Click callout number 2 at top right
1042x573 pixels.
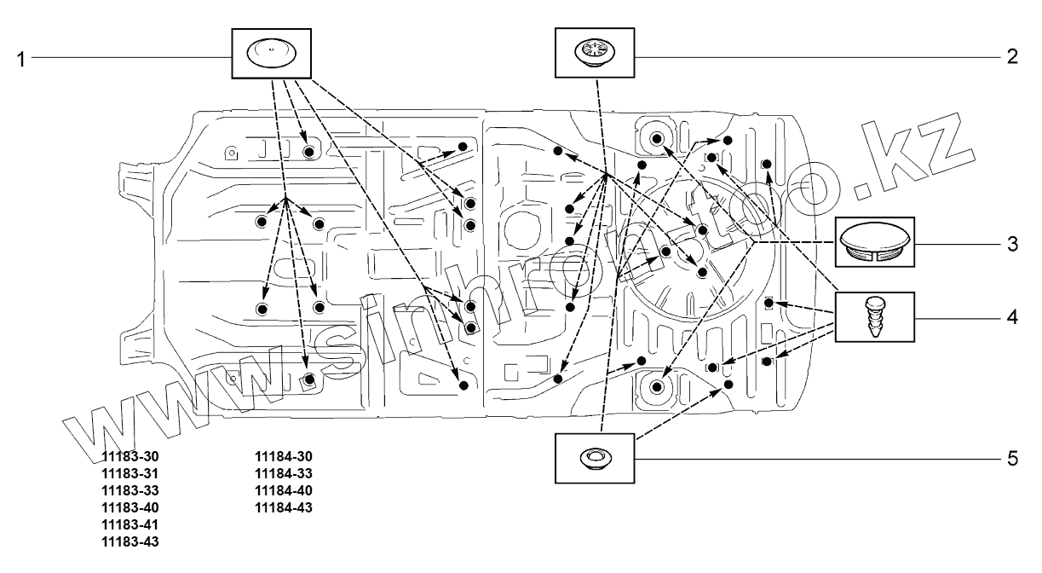[1011, 57]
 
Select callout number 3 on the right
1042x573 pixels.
[1011, 244]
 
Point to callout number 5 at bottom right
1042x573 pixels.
[1011, 458]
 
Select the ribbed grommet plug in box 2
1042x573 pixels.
[595, 52]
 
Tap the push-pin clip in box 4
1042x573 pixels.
[875, 317]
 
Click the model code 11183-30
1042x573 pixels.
[130, 456]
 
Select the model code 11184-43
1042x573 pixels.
[284, 508]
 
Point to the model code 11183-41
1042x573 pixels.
[130, 524]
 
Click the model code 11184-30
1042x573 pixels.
[284, 456]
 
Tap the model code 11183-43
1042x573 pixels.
[130, 541]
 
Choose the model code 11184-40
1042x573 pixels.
[284, 490]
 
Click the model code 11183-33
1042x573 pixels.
[130, 490]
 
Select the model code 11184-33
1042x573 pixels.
[284, 473]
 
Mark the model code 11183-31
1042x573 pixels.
[130, 473]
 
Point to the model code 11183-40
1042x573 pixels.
[130, 507]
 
